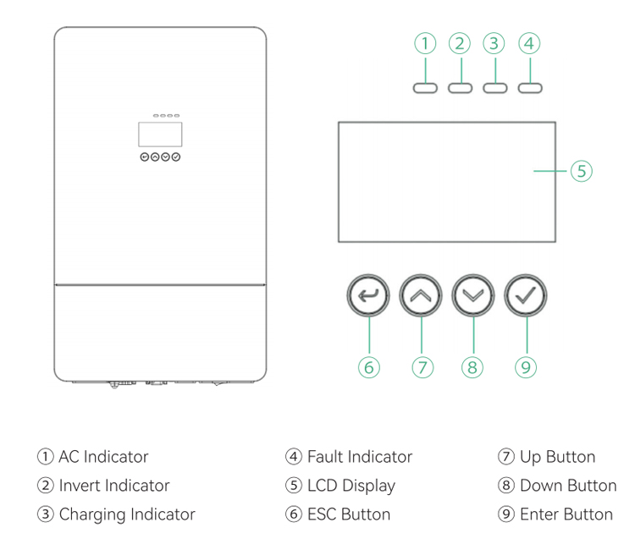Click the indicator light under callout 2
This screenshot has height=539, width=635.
460,88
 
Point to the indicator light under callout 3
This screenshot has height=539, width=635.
495,88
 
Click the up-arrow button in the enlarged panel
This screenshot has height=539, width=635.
420,295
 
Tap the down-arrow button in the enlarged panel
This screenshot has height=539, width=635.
472,295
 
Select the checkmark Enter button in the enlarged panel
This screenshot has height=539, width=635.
525,295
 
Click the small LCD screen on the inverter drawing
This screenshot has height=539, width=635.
160,134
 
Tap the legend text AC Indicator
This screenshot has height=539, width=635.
103,456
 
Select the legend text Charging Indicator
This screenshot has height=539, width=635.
127,514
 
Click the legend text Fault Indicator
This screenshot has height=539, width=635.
360,456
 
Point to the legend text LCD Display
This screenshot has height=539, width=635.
351,486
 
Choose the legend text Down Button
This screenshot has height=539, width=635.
568,485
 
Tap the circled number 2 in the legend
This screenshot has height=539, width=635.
46,485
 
